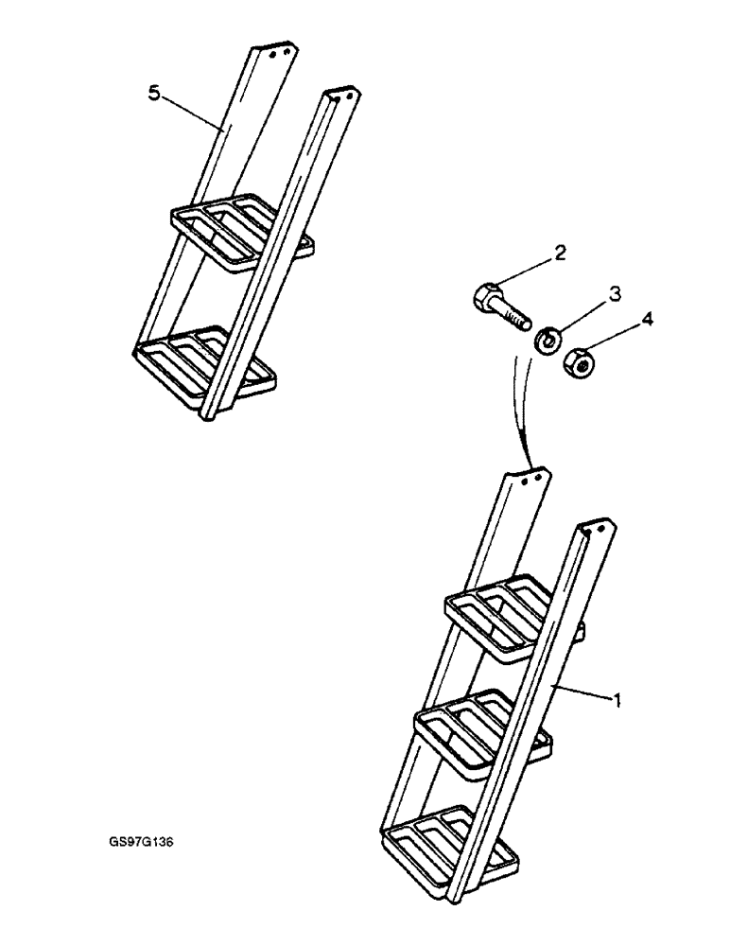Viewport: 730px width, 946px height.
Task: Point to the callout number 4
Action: coord(646,321)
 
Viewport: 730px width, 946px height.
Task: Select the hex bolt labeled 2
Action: coord(497,308)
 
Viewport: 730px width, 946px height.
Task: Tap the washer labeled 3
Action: coord(546,339)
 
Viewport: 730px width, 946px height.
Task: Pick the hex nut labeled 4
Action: coord(578,361)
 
